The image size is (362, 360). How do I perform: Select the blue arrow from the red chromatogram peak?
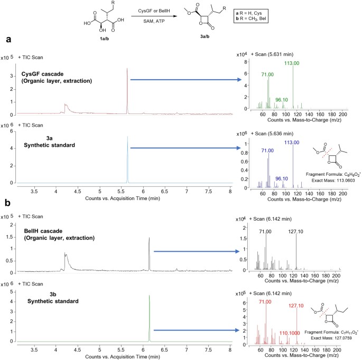185,80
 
